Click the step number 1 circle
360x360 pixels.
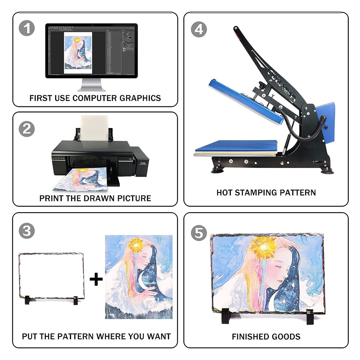click(27, 28)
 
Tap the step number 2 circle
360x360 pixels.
click(27, 129)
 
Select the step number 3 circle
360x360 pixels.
click(27, 231)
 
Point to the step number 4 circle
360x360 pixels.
click(199, 29)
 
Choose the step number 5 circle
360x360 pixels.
click(199, 233)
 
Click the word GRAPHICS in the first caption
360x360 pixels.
click(140, 98)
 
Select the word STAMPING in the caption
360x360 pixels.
click(255, 193)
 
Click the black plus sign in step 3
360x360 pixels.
click(96, 279)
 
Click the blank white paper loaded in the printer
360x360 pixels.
click(95, 128)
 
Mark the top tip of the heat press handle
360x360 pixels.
click(235, 28)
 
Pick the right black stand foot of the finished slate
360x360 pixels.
click(310, 317)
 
